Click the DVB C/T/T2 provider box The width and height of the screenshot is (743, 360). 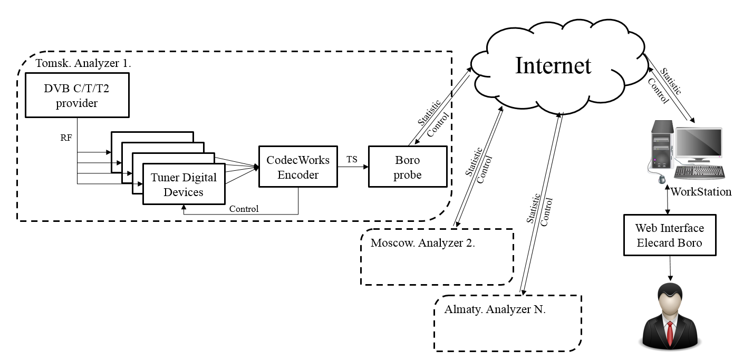pyautogui.click(x=77, y=95)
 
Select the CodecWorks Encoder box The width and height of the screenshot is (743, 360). pyautogui.click(x=298, y=167)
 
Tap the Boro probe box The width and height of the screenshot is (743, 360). pyautogui.click(x=407, y=167)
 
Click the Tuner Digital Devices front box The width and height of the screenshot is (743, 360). pyautogui.click(x=184, y=184)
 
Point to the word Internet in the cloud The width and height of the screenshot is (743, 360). pyautogui.click(x=553, y=66)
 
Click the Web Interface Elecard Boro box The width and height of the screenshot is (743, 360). pyautogui.click(x=669, y=235)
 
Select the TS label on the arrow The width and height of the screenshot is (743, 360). pyautogui.click(x=352, y=159)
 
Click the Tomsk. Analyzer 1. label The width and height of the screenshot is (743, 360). pyautogui.click(x=83, y=63)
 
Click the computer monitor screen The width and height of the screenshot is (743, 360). pyautogui.click(x=699, y=144)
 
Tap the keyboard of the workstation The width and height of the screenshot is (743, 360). pyautogui.click(x=699, y=172)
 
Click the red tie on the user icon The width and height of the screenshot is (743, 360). pyautogui.click(x=669, y=333)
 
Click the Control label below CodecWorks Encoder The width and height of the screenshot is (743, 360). pyautogui.click(x=244, y=209)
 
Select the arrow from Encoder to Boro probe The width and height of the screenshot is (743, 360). pyautogui.click(x=352, y=167)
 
